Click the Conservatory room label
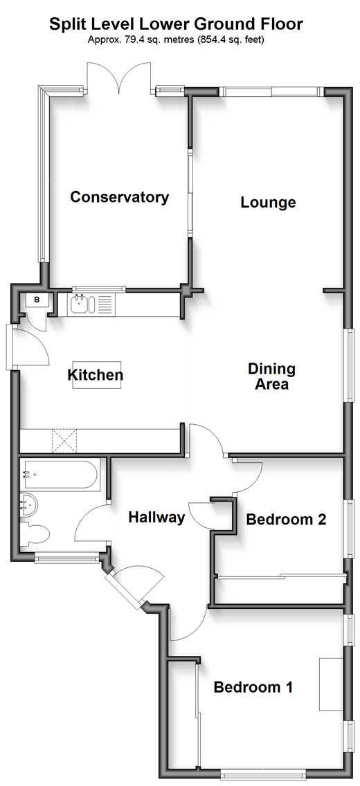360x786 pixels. pos(119,197)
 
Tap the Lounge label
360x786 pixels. pos(268,203)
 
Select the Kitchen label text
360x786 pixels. pos(96,374)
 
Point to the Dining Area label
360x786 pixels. pos(272,376)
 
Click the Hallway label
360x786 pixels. pos(157,518)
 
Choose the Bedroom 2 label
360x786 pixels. pos(286,520)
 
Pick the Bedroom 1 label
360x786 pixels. pos(253,687)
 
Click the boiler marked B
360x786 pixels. pos(37,300)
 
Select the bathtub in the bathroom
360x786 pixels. pos(62,474)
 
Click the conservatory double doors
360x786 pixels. pos(119,77)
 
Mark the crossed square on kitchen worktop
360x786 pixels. pos(64,441)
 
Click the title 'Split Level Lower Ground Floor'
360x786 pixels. pos(175,24)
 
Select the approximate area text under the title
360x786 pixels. pos(175,39)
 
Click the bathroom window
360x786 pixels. pos(67,557)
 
